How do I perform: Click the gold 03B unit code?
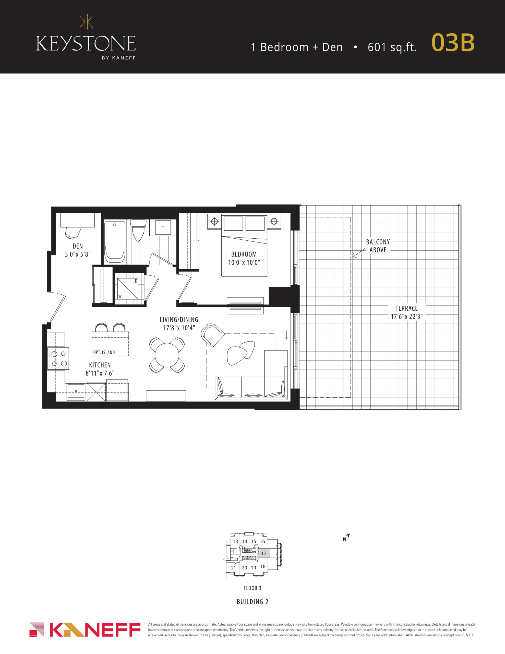[453, 43]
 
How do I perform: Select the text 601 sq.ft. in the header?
[392, 47]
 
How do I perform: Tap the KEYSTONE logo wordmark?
[86, 44]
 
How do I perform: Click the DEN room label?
[78, 246]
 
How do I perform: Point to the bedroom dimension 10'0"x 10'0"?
[244, 263]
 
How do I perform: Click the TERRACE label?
[406, 308]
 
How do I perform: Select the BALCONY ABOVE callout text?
[378, 246]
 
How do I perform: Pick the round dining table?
[167, 355]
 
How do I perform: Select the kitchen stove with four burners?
[58, 358]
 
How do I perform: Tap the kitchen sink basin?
[76, 391]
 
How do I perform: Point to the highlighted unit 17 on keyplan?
[264, 553]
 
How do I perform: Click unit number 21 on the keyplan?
[234, 568]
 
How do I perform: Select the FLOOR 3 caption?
[252, 588]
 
